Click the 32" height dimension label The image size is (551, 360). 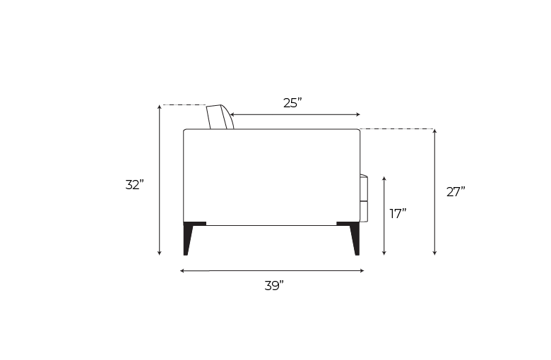point(135,185)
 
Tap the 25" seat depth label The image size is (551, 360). point(292,103)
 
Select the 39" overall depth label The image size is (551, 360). point(274,286)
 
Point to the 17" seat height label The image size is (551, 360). point(398,213)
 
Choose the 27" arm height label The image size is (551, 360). point(456,192)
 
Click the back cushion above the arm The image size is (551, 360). point(220,117)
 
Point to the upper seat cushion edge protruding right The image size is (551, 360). point(364,187)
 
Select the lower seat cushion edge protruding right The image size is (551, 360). point(364,211)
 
